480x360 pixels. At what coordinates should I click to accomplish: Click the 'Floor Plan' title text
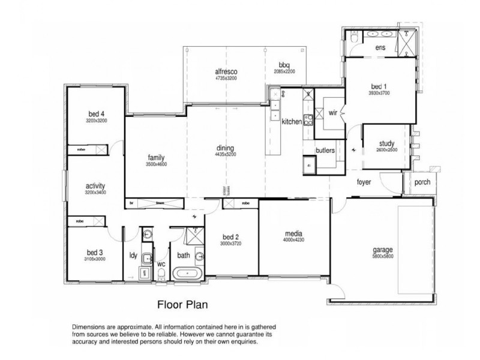tap(182, 304)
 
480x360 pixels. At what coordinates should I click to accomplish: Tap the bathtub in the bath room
tap(188, 275)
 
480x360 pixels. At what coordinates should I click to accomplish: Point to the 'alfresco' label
tap(226, 71)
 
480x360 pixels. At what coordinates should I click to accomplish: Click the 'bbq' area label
tap(284, 65)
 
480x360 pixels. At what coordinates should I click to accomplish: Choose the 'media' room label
tap(293, 233)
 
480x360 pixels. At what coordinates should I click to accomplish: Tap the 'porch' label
tap(422, 182)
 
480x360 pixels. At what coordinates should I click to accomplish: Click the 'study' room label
tap(386, 143)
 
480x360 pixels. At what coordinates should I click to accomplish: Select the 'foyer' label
tap(364, 181)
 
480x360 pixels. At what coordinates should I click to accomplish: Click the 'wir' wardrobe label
tap(334, 112)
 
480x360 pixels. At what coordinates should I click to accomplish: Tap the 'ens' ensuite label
tap(380, 47)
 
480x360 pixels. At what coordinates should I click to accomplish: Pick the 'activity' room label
tap(96, 186)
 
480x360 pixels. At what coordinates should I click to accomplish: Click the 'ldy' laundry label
tap(133, 256)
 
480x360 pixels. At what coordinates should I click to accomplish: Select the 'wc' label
tap(161, 263)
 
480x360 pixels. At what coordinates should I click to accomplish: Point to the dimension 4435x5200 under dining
tap(225, 154)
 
